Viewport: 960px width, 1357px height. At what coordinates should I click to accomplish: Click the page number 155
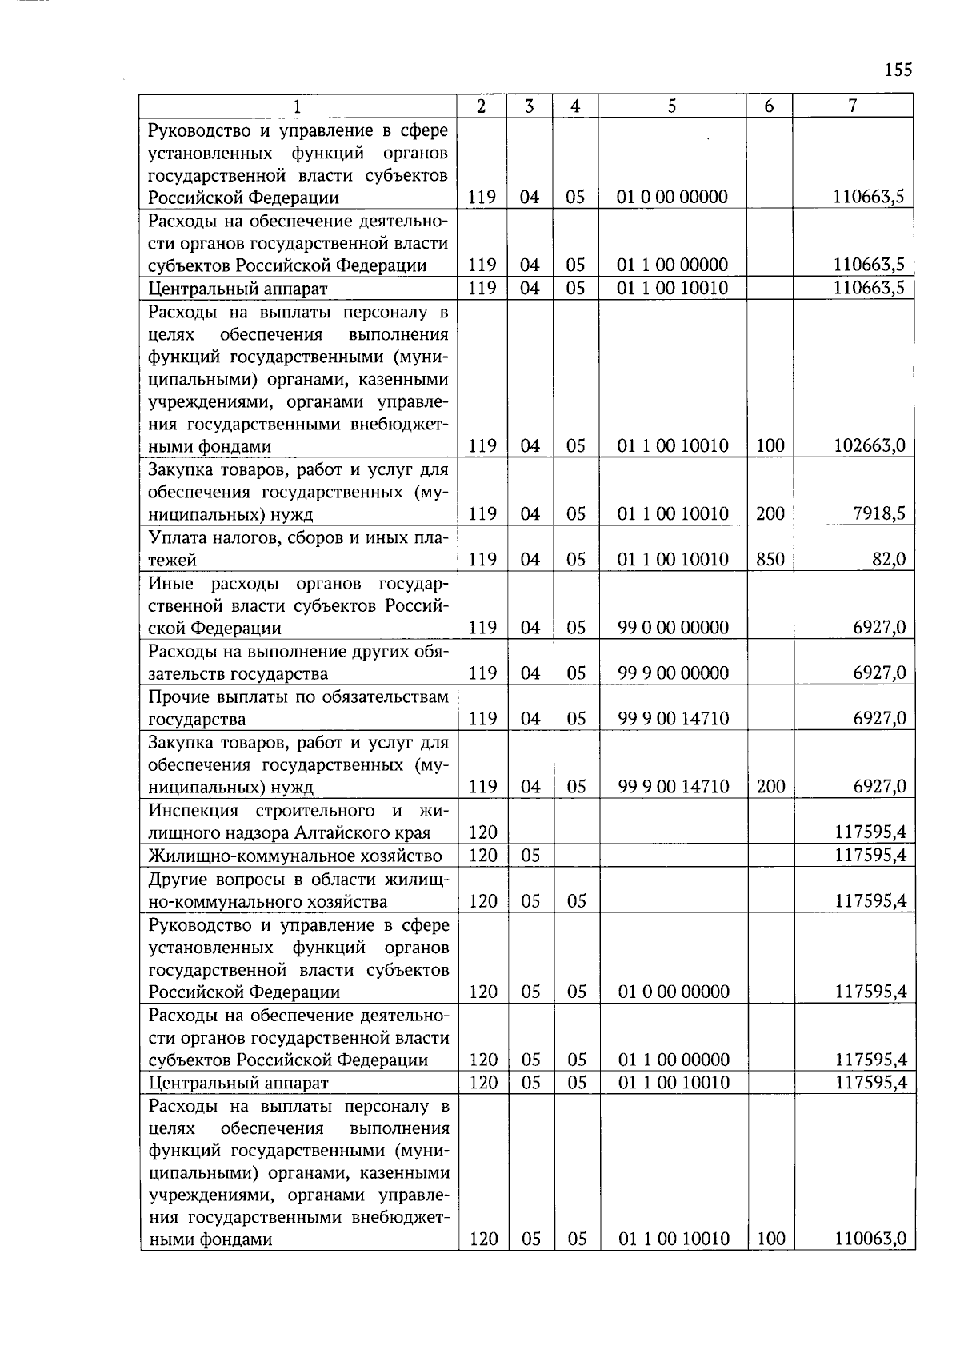898,70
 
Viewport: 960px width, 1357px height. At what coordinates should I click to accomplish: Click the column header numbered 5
672,106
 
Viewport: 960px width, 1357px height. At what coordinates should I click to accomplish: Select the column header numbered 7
853,106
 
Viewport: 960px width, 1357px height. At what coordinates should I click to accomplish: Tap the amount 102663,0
870,446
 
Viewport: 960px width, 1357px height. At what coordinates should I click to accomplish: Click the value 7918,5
879,513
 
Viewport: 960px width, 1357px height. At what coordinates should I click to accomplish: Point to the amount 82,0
888,559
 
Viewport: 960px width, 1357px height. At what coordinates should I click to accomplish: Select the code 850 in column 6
770,559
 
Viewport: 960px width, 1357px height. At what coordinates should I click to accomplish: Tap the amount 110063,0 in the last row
870,1239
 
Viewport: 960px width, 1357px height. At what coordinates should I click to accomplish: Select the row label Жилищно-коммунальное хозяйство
295,856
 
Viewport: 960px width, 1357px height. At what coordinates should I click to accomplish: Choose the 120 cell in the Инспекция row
483,833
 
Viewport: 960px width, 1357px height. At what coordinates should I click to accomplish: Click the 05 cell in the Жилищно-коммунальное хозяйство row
530,856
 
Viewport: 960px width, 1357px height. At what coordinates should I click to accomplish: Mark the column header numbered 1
298,106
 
